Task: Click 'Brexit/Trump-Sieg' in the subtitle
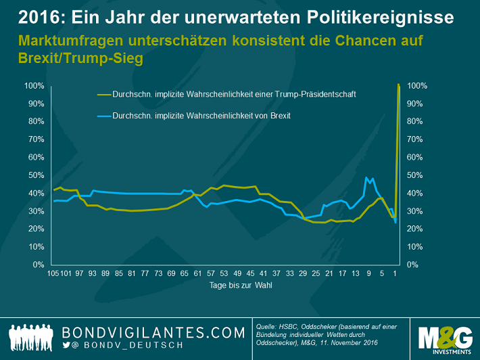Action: (x=80, y=58)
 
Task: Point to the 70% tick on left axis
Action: (x=35, y=139)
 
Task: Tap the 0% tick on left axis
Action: (x=38, y=265)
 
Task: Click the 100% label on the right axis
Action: (x=417, y=86)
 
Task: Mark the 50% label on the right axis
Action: (x=415, y=175)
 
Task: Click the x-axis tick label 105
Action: (x=53, y=274)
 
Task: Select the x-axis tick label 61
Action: (x=196, y=274)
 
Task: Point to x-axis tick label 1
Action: (x=395, y=274)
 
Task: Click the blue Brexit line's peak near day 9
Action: (x=366, y=178)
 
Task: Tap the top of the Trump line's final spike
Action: (x=399, y=85)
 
